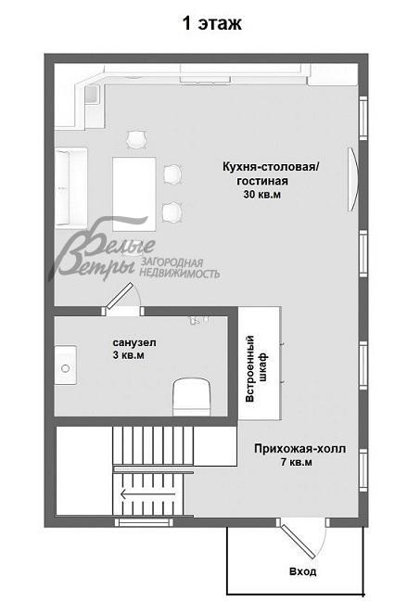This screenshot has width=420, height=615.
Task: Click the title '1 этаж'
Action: pos(211,24)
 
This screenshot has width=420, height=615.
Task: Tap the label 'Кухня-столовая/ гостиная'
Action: pos(270,173)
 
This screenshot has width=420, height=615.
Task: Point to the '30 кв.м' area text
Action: pos(261,196)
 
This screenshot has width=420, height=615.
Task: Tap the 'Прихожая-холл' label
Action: pos(299,448)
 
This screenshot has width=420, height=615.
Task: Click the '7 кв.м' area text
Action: pos(296,462)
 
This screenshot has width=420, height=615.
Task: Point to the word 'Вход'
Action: pos(302,571)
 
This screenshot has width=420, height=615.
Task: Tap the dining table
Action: pos(135,186)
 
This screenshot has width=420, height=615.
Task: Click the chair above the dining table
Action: pos(136,139)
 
